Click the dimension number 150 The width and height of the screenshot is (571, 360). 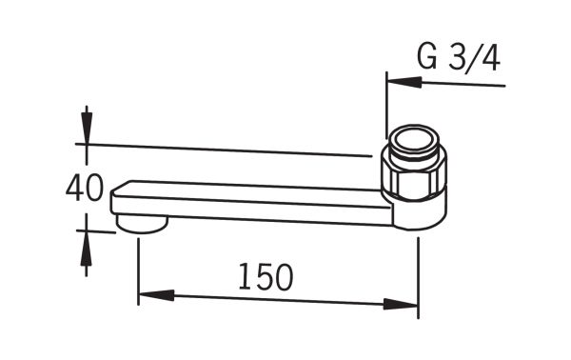click(x=266, y=277)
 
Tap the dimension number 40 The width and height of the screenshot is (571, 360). click(x=84, y=188)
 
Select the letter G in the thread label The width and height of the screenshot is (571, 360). click(x=427, y=58)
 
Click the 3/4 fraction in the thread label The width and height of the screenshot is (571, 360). click(x=474, y=58)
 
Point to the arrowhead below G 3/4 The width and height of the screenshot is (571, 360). click(x=404, y=82)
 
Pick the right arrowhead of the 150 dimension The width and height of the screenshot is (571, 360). click(x=401, y=304)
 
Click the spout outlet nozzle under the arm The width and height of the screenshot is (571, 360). click(x=142, y=224)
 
